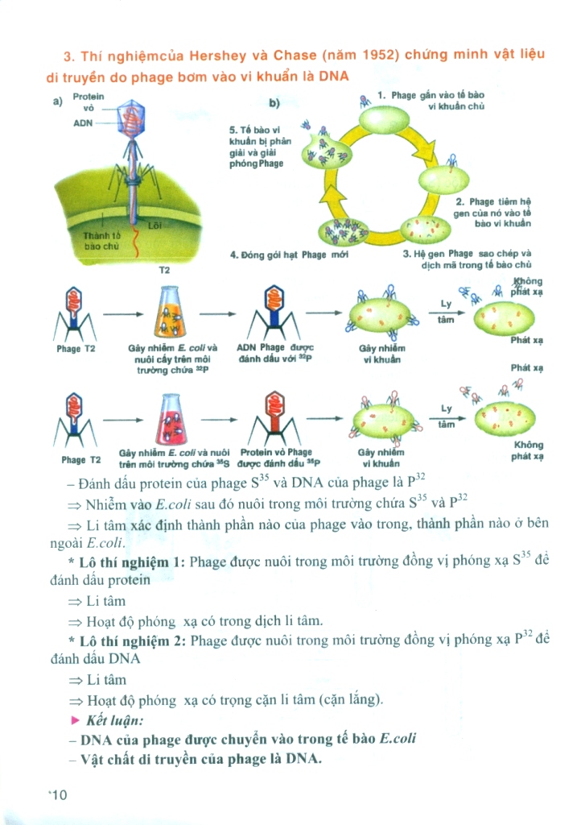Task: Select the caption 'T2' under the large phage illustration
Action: pos(164,270)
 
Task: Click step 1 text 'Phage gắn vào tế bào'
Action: pos(431,95)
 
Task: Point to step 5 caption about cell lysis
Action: pos(257,146)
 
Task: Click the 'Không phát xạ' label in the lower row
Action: pos(527,451)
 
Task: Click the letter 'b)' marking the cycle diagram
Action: pos(274,102)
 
